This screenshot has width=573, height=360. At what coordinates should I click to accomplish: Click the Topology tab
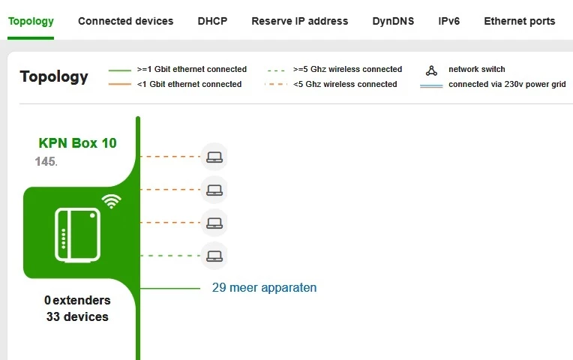31,21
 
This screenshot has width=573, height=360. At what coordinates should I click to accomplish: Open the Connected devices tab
125,21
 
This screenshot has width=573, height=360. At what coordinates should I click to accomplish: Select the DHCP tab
212,21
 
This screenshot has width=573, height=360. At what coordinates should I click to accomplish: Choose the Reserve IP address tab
299,21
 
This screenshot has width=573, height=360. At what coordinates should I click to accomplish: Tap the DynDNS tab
393,21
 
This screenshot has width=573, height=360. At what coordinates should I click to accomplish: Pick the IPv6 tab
448,21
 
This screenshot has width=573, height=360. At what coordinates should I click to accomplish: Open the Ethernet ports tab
519,21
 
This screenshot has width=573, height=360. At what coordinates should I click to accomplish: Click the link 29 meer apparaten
264,288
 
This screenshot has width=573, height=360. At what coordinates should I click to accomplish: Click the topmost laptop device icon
214,157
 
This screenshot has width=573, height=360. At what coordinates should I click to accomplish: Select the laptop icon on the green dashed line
214,256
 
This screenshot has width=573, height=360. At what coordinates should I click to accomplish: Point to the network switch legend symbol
431,70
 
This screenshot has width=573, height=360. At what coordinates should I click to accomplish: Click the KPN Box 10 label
77,142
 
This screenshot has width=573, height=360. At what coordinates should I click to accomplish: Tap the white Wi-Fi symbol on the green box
112,200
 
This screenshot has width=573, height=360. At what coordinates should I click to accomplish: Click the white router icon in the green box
76,235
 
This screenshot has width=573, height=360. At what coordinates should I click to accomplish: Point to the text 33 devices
77,316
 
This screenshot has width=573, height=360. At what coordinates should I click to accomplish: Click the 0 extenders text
77,300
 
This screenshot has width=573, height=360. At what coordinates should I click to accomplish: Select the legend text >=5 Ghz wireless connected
347,69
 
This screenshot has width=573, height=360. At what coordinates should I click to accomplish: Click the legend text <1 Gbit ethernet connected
189,84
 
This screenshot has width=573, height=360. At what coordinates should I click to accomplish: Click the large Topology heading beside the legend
54,76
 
